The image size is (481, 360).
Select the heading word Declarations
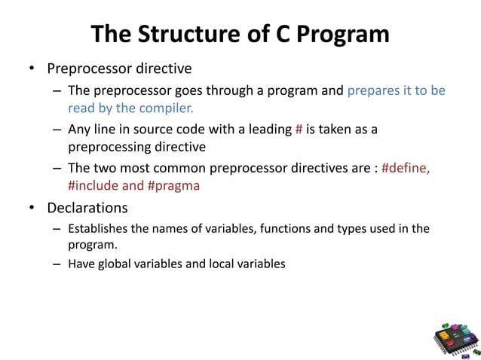[x=87, y=207]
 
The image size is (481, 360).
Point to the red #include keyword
[x=97, y=185]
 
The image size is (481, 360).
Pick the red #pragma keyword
[x=174, y=185]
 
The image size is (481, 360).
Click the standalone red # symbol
[x=299, y=129]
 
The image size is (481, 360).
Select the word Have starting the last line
[x=81, y=264]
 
